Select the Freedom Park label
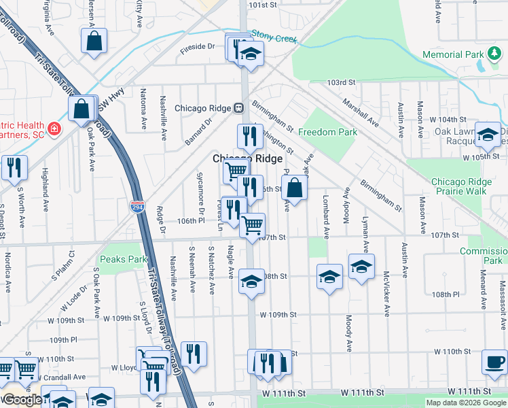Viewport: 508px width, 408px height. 327,132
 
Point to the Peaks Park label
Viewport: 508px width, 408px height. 123,259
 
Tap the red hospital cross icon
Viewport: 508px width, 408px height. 54,128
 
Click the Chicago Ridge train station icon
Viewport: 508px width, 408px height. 239,108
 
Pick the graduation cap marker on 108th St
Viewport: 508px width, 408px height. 251,283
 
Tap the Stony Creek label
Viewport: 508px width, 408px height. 274,36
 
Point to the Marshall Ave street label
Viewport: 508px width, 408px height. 361,112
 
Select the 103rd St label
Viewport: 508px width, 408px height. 341,82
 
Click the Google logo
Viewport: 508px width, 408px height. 21,400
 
